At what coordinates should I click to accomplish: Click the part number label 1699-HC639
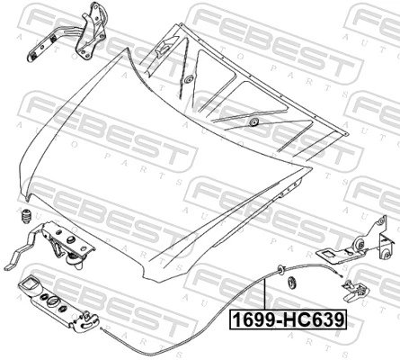click(288, 319)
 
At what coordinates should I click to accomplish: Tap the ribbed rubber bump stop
click(26, 216)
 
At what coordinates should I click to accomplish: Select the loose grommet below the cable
click(291, 282)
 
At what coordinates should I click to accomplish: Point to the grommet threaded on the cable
click(280, 269)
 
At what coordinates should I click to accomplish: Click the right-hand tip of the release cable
click(341, 276)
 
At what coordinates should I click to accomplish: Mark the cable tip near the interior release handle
click(102, 329)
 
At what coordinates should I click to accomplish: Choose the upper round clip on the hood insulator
click(189, 80)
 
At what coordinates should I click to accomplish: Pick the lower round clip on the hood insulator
click(254, 122)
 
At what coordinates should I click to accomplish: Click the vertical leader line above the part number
click(265, 294)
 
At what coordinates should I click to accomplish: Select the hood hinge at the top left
click(68, 32)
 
